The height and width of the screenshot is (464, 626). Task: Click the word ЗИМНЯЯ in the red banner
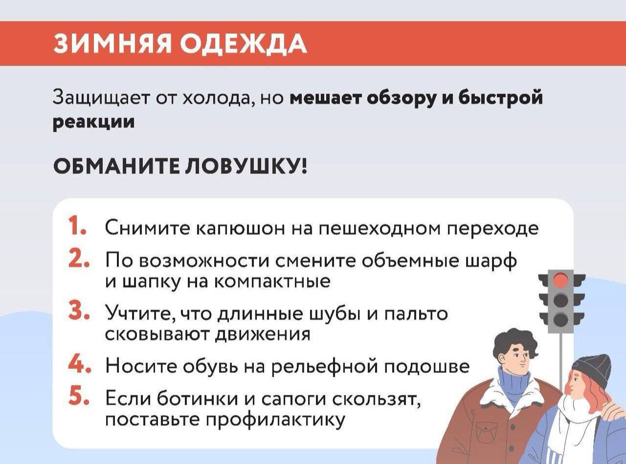pyautogui.click(x=112, y=44)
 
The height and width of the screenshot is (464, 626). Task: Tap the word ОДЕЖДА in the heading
pyautogui.click(x=243, y=44)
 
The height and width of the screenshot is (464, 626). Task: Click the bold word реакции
pyautogui.click(x=93, y=122)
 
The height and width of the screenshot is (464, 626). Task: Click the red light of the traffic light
pyautogui.click(x=561, y=280)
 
